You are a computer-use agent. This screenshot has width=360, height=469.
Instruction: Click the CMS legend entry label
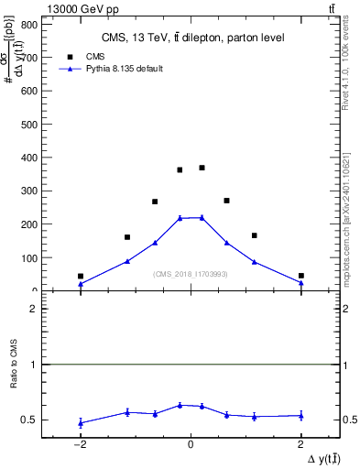pos(95,56)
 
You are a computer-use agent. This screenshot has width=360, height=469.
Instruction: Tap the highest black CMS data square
pos(202,168)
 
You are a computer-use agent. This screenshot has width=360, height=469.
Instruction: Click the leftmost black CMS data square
pos(81,276)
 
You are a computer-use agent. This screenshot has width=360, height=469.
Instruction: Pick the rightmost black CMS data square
pos(300,275)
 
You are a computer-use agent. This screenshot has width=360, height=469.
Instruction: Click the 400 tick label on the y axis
pos(28,158)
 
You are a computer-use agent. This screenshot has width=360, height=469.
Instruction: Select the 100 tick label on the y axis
pos(28,257)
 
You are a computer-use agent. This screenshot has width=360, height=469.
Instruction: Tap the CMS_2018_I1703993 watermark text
pos(191,273)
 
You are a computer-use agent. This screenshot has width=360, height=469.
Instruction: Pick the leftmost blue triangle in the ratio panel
pos(81,422)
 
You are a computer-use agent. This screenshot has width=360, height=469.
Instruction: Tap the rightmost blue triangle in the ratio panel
pos(300,415)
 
